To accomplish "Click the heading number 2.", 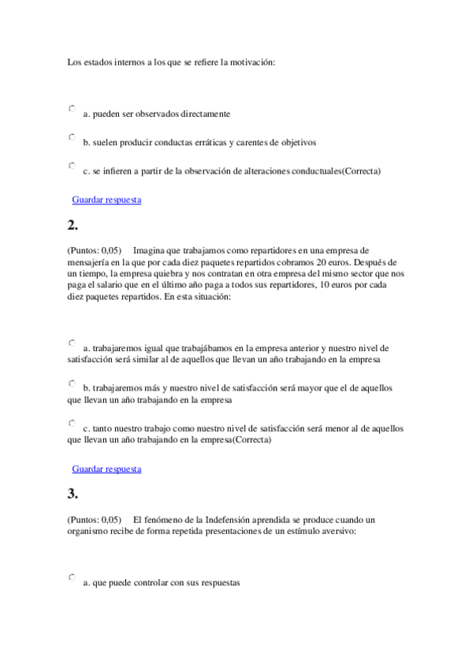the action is tap(72, 226).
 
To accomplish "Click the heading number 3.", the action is tap(72, 495).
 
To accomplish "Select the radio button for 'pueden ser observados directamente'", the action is tap(72, 108).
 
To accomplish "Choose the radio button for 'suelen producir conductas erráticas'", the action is tap(72, 137).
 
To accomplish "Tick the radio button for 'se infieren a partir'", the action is tap(72, 166).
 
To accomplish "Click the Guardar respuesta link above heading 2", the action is tap(106, 200).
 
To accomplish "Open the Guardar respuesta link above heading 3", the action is tap(106, 469).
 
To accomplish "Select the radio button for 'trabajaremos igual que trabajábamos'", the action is tap(72, 342).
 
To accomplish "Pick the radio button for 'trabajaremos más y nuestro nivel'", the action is tap(72, 383).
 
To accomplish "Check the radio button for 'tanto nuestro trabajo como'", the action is tap(72, 423).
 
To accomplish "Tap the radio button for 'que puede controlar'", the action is tap(72, 577).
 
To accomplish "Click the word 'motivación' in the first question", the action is tap(253, 62).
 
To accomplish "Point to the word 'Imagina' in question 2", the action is tap(149, 250).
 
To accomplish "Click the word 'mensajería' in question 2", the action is tap(89, 262).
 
